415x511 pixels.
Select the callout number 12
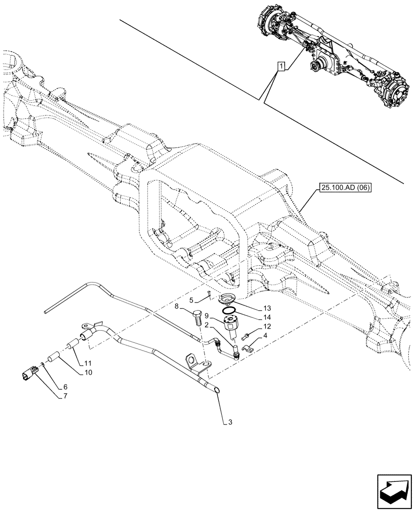[267, 326]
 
